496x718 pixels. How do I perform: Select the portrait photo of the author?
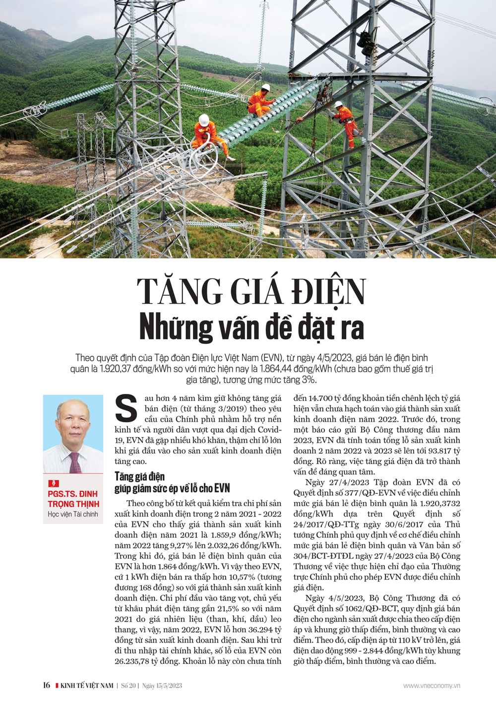point(73,434)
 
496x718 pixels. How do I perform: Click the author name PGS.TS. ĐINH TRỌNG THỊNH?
point(73,499)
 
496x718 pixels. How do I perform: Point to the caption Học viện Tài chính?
point(73,514)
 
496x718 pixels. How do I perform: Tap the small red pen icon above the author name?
point(53,483)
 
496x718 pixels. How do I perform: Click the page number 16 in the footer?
point(46,685)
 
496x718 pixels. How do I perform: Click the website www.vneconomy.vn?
point(432,686)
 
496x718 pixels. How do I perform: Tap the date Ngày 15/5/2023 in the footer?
point(162,686)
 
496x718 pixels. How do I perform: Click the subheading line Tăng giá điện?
point(139,476)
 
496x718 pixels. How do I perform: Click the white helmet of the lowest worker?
point(203,120)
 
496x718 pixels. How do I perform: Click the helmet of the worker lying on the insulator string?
point(265,87)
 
